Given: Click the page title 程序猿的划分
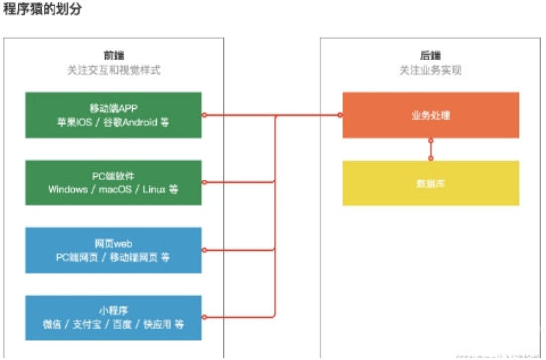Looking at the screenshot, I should click(x=42, y=8).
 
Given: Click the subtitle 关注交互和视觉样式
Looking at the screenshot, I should click(x=113, y=71).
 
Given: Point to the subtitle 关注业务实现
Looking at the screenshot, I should click(x=430, y=71).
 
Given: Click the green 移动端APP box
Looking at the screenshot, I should click(x=113, y=115).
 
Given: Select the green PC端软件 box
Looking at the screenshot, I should click(x=113, y=182).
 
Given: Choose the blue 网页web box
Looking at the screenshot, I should click(x=113, y=250).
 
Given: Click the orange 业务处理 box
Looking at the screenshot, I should click(x=430, y=115).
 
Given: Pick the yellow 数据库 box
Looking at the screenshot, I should click(x=430, y=182).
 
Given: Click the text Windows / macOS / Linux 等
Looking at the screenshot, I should click(x=113, y=189).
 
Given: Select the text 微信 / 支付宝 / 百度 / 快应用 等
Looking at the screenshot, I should click(x=113, y=324).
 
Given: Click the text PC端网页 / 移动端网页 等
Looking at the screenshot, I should click(x=113, y=257).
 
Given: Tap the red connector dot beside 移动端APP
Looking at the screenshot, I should click(x=204, y=115).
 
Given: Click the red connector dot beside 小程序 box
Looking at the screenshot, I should click(x=204, y=317).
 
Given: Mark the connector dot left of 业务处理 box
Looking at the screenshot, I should click(x=341, y=115).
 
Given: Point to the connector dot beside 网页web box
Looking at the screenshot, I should click(x=204, y=250).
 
